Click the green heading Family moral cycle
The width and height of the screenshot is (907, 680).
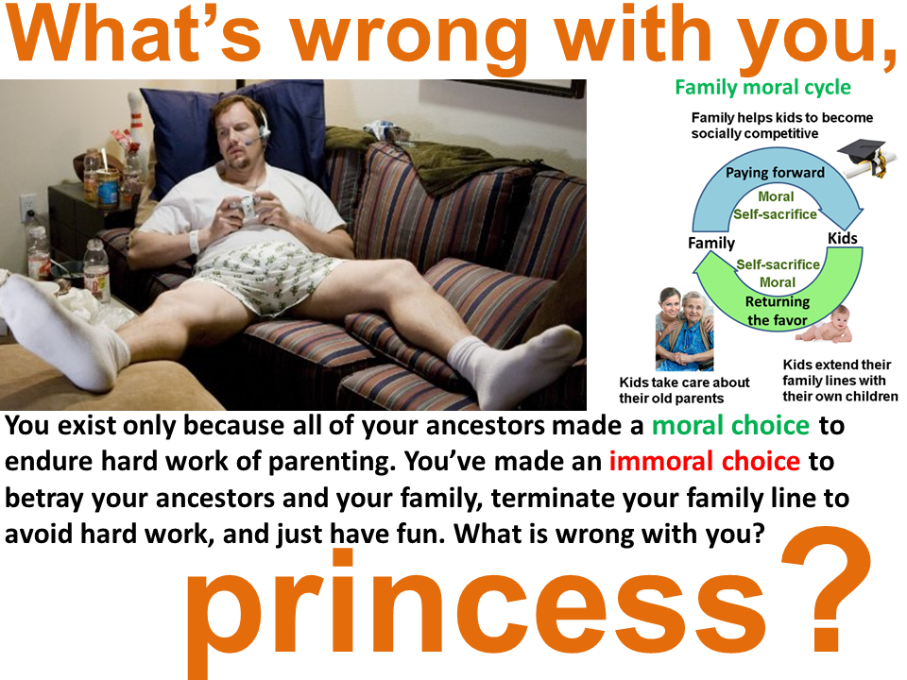(x=763, y=88)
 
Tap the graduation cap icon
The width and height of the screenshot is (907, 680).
(x=863, y=158)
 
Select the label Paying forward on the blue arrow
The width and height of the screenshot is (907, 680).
(x=775, y=172)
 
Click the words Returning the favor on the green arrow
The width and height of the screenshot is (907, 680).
(x=778, y=311)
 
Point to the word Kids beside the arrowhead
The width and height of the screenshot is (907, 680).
(x=842, y=238)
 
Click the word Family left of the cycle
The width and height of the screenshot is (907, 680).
(x=711, y=243)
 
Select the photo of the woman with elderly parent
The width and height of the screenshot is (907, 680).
(x=684, y=329)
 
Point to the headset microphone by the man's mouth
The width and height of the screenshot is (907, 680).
(x=252, y=142)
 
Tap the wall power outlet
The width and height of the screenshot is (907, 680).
(x=26, y=207)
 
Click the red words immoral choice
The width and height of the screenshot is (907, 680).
(x=705, y=461)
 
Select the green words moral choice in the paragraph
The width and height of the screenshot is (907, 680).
(x=730, y=426)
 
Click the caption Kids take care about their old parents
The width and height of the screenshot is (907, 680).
(x=684, y=390)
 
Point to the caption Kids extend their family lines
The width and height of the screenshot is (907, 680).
(x=840, y=381)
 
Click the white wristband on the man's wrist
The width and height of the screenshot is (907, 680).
(x=195, y=241)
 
